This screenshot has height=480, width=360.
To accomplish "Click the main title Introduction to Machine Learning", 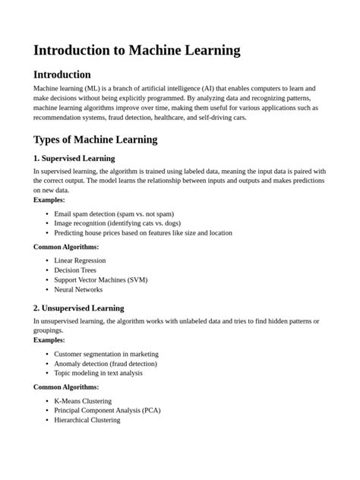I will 137,50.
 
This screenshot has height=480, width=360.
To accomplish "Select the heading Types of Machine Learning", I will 96,139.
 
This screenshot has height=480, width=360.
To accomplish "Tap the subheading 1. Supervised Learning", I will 74,159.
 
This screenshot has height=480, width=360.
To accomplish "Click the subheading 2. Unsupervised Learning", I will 79,308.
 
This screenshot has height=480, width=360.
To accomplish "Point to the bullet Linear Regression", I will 80,261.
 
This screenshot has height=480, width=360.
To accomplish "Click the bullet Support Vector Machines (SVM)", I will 100,279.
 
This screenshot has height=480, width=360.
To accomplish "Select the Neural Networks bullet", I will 79,289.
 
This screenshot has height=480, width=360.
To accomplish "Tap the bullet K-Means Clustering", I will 83,400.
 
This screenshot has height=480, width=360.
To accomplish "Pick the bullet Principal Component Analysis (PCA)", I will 107,410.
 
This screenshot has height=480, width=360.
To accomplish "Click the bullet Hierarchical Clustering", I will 87,419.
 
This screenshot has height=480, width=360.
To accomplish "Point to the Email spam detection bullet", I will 114,213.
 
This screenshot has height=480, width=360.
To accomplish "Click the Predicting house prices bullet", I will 143,232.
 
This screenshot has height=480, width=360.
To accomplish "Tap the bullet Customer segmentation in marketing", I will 106,354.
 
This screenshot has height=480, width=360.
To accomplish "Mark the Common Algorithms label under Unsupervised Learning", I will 66,387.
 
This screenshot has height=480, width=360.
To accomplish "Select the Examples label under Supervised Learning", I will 49,200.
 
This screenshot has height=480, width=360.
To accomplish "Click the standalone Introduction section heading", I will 62,74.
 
